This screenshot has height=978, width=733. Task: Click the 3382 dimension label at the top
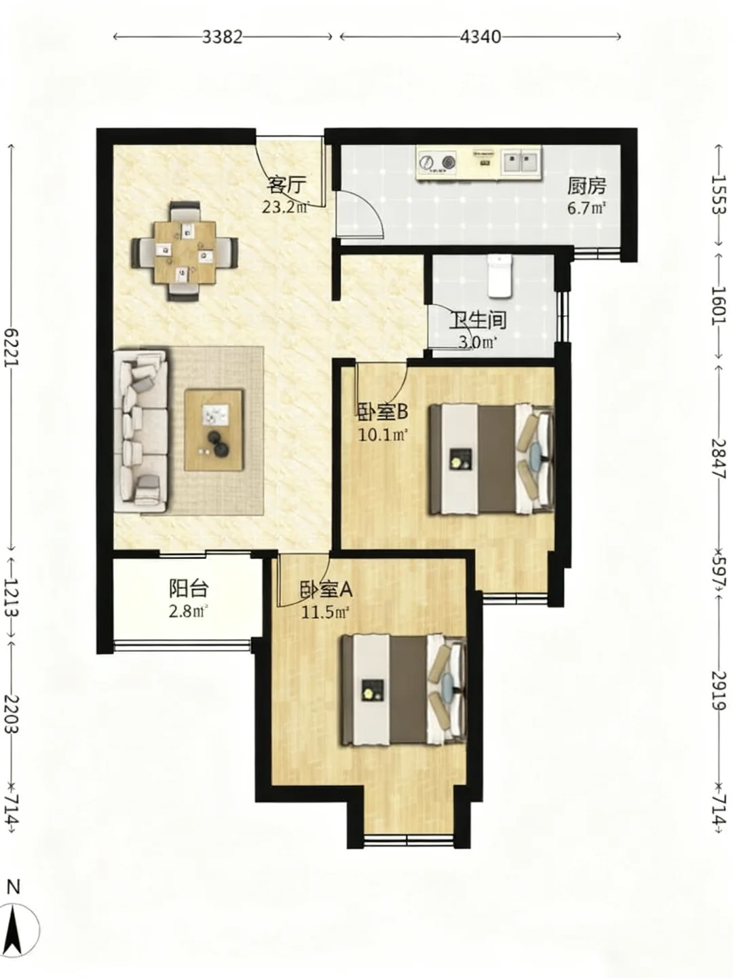223,37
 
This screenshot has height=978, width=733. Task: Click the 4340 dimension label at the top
481,37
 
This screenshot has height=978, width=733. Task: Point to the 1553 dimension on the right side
719,195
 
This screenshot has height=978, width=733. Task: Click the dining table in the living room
184,252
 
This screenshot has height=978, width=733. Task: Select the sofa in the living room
140,431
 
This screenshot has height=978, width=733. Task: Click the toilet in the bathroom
500,276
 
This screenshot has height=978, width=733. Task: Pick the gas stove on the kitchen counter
438,162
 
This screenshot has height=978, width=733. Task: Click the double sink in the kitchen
522,161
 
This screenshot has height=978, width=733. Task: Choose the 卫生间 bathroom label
478,321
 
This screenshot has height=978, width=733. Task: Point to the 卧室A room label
326,590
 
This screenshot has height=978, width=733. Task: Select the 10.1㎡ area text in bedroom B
383,435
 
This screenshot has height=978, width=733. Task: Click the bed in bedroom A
404,690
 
